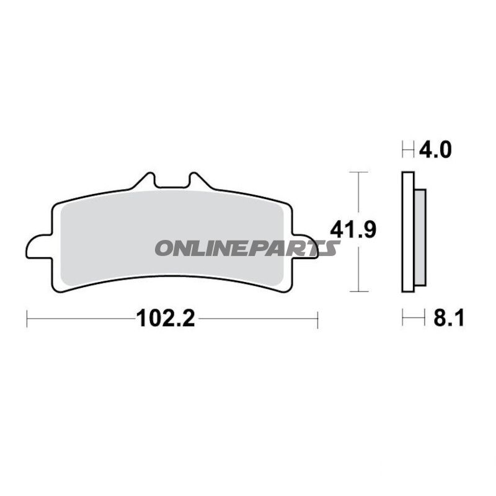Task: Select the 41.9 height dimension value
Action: (353, 230)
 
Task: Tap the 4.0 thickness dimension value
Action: (435, 150)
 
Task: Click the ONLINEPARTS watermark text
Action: (247, 248)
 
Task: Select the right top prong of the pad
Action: (198, 180)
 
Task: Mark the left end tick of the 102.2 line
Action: (27, 319)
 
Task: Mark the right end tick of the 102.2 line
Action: (317, 319)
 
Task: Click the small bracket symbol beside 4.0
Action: (408, 149)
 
